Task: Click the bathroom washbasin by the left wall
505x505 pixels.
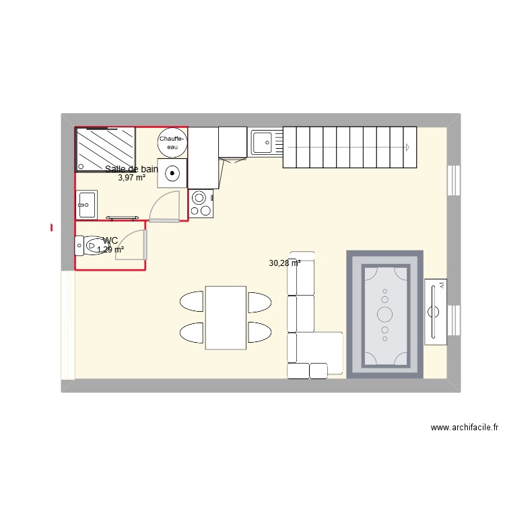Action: click(87, 204)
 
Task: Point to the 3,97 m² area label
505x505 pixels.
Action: click(131, 178)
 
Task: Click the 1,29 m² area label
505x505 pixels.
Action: click(110, 250)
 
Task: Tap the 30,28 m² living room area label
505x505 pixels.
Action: click(284, 263)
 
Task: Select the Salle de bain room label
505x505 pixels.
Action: click(131, 169)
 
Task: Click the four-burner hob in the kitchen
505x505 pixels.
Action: click(201, 203)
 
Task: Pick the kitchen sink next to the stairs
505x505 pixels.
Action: click(265, 142)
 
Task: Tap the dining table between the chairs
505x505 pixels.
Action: click(225, 318)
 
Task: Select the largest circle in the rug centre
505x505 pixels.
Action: click(385, 313)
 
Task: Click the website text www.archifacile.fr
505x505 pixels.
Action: click(464, 428)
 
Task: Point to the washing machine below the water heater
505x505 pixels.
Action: click(173, 173)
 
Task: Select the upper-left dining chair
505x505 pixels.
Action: click(192, 301)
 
